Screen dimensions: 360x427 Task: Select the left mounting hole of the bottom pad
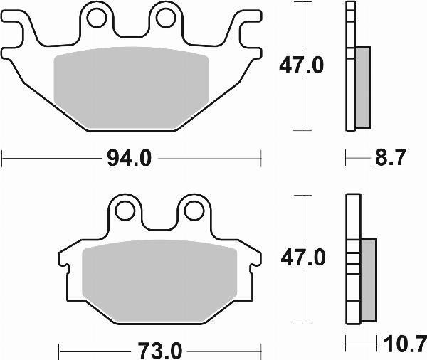(126, 210)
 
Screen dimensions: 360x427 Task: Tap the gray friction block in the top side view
(362, 87)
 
